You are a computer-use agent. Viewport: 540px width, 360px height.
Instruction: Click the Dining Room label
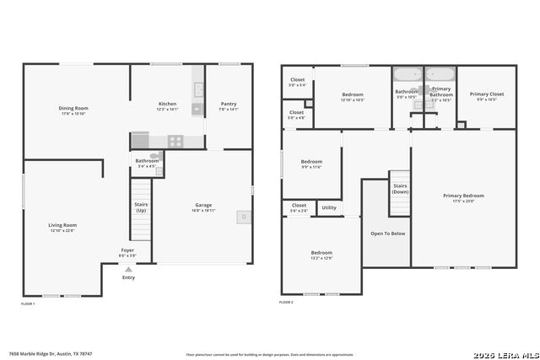point(73,109)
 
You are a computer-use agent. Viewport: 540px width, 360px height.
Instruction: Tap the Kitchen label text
point(167,104)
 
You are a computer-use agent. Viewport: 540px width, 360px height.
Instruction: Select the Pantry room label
point(229,104)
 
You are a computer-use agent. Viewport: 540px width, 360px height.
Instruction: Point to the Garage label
point(203,205)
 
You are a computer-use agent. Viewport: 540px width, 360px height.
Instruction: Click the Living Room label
point(62,225)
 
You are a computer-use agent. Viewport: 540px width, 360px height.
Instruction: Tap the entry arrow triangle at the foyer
point(128,270)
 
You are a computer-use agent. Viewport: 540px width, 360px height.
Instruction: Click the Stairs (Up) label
point(140,207)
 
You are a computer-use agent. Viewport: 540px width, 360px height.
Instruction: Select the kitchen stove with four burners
point(175,141)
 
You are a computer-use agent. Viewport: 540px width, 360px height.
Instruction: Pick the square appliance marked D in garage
point(244,217)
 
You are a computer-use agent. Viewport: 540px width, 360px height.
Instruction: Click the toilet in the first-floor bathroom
point(154,155)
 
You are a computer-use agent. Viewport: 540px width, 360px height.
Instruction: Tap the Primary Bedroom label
point(464,196)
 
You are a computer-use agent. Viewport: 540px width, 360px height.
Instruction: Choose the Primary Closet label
point(487,94)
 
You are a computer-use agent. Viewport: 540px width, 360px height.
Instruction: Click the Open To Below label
point(388,234)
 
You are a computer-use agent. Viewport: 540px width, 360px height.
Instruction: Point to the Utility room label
point(329,207)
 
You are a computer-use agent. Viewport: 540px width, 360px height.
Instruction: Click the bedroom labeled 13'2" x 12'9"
point(321,253)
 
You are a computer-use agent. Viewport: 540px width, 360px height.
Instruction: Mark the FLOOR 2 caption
point(287,302)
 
